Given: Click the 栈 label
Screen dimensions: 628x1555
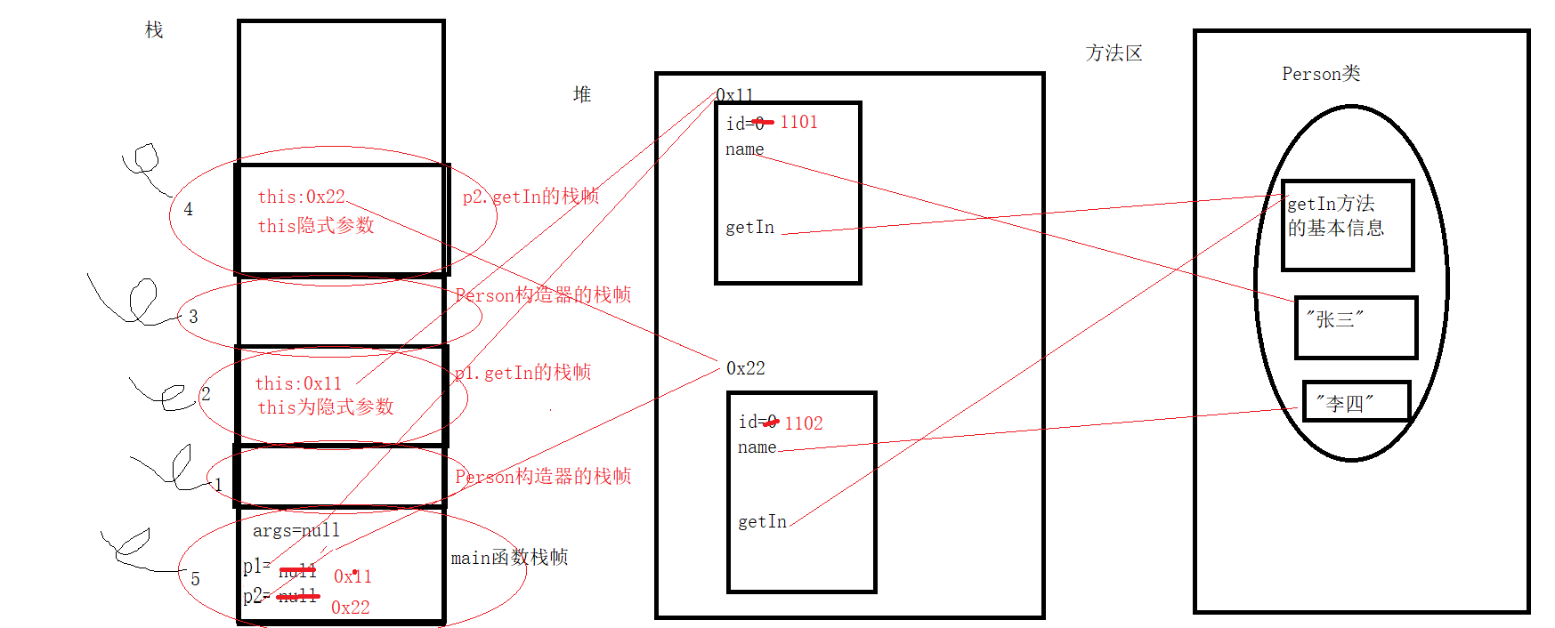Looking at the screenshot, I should point(154,30).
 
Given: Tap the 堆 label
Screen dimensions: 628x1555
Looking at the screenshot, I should point(582,94).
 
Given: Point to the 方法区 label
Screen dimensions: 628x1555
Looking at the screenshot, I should point(1114,53).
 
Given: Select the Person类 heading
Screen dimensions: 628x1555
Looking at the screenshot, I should point(1321,74).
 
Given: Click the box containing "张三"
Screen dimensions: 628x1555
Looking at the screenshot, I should point(1356,327).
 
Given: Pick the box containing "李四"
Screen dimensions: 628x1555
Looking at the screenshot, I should point(1356,401).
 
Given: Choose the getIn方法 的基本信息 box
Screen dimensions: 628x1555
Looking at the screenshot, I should point(1348,225).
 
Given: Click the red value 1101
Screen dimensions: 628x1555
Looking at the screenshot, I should point(798,122).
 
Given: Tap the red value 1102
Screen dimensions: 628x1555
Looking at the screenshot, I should point(804,423).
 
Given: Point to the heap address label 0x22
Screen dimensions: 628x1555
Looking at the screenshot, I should point(745,368).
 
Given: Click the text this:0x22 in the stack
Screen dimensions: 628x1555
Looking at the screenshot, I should point(301,197).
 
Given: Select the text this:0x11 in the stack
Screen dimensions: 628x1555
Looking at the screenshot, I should point(298,383).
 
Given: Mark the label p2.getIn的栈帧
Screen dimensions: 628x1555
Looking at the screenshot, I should point(530,197).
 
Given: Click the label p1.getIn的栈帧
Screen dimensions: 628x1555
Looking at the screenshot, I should point(523,373).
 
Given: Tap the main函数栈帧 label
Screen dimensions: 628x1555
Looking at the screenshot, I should point(509,558).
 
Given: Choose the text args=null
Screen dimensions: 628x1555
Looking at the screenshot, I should point(296,531).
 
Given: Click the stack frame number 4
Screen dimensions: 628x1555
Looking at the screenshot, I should point(188,209).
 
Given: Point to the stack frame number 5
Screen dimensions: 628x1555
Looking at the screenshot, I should point(195,579).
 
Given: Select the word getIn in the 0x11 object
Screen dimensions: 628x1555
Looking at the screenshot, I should point(749,228).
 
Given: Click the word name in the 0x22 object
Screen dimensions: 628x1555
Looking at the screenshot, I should point(757,447).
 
